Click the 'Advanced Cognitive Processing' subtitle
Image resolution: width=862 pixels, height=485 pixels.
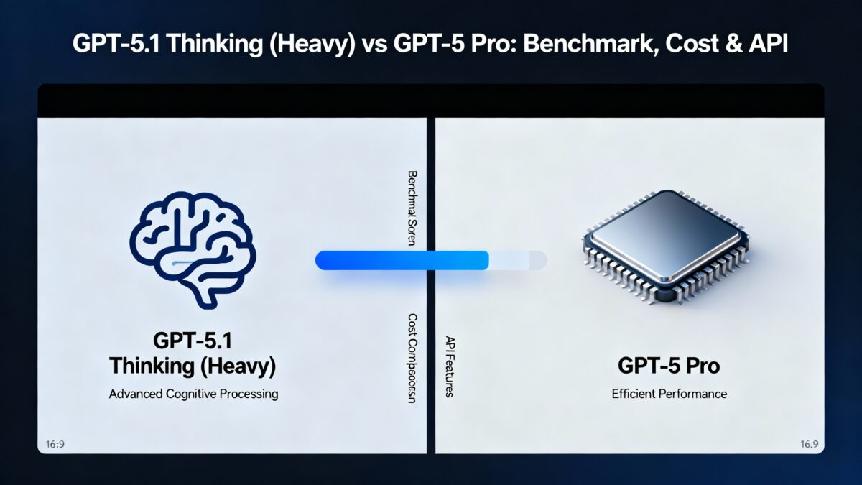pyautogui.click(x=193, y=394)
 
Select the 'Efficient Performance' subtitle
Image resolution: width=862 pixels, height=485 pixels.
pyautogui.click(x=669, y=394)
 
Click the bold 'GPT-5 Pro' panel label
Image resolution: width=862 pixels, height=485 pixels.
pyautogui.click(x=669, y=366)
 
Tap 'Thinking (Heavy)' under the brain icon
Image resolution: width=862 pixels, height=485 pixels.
pyautogui.click(x=193, y=366)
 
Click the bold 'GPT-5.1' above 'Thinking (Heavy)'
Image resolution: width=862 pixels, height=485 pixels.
pyautogui.click(x=193, y=340)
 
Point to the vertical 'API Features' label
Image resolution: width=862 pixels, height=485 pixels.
pyautogui.click(x=450, y=366)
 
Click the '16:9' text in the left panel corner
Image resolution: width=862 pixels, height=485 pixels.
pyautogui.click(x=55, y=444)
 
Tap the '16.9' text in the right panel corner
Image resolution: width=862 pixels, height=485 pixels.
pyautogui.click(x=808, y=444)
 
